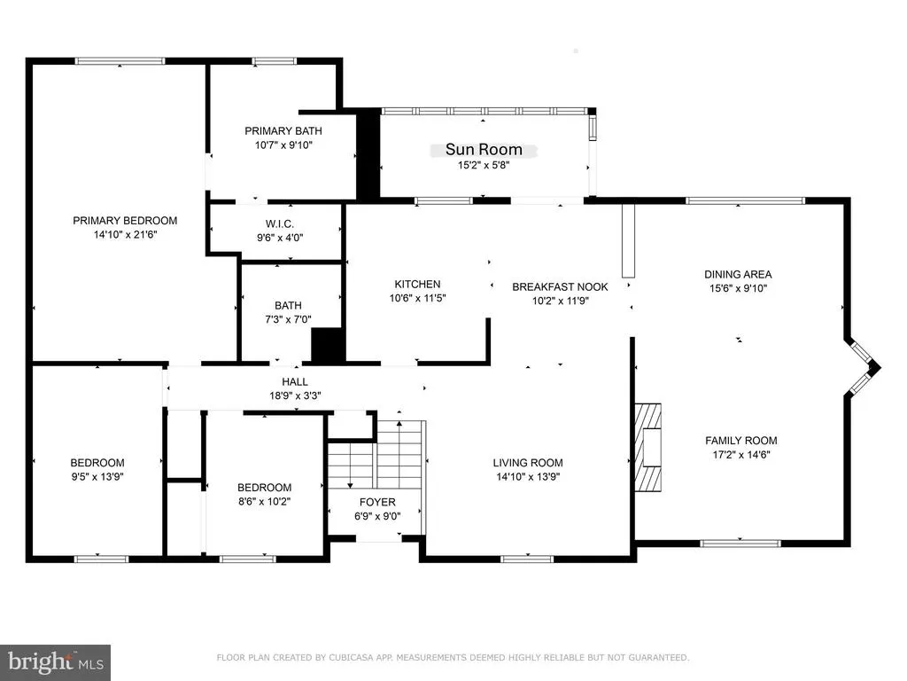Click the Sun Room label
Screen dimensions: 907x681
point(484,149)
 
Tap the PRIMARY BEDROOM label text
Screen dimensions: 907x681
point(125,221)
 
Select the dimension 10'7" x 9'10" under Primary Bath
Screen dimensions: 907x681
point(283,145)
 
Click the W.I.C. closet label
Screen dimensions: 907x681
point(280,223)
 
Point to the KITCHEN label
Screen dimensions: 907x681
point(418,285)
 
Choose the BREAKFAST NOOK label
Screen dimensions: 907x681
point(560,286)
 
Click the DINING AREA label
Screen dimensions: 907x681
point(738,275)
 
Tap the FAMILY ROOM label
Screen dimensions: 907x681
point(741,441)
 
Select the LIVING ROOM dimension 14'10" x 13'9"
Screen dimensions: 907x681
point(528,476)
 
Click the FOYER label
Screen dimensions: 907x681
point(377,502)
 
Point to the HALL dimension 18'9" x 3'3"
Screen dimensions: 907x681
point(295,395)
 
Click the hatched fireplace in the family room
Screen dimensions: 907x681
point(647,448)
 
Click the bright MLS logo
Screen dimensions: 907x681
point(56,662)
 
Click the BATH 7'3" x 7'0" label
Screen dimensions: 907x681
point(288,312)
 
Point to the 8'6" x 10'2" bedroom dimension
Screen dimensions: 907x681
point(264,502)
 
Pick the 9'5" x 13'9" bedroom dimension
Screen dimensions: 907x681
point(97,476)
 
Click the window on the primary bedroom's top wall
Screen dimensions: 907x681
point(120,61)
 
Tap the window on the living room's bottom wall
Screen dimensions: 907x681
point(527,559)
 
